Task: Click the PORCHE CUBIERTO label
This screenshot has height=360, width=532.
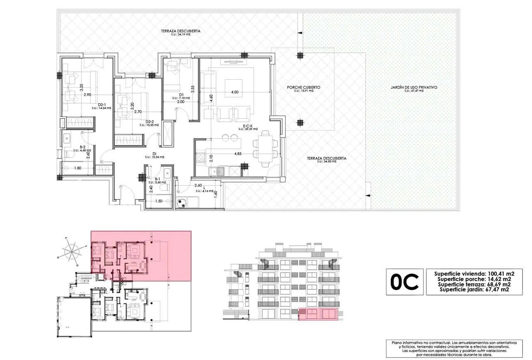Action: [303, 88]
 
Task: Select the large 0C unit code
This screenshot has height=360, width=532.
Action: [404, 282]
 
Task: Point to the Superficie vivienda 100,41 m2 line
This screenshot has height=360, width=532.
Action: [474, 274]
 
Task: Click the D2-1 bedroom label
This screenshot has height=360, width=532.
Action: [102, 105]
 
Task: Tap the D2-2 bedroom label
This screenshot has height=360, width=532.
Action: [150, 122]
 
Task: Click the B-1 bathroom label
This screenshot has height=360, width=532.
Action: [157, 180]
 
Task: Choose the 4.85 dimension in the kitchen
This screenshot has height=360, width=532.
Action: [238, 154]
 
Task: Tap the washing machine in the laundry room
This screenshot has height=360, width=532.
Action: [182, 202]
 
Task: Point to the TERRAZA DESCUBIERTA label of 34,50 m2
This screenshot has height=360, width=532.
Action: [326, 158]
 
